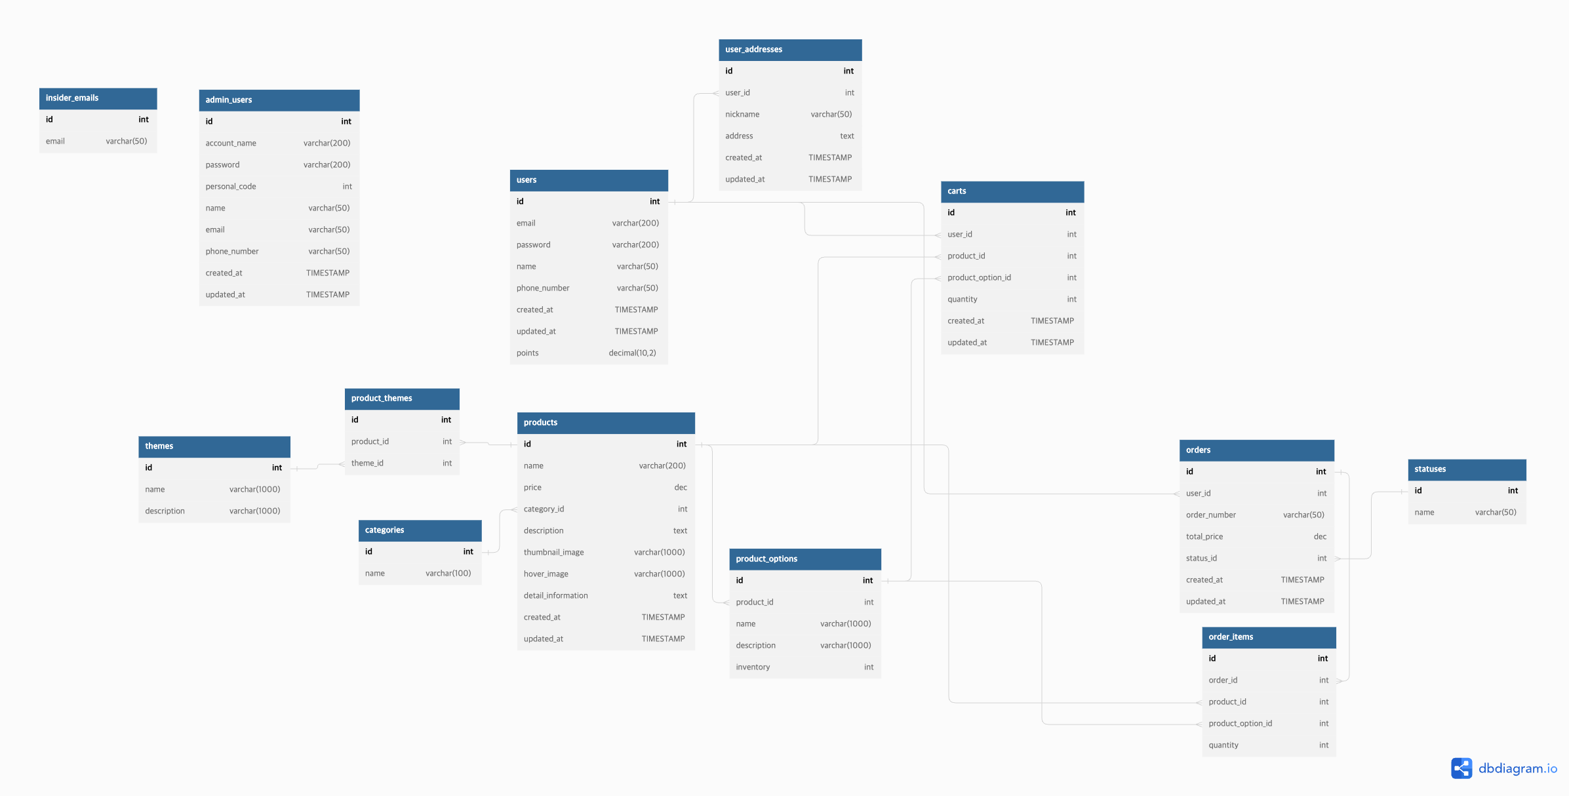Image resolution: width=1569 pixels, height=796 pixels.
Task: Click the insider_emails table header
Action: point(98,98)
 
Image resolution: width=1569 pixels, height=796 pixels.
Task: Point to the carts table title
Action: point(1012,191)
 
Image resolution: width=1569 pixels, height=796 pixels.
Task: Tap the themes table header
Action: point(214,447)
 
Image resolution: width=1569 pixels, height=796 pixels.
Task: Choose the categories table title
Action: point(420,530)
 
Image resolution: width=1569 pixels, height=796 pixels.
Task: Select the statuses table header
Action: point(1466,469)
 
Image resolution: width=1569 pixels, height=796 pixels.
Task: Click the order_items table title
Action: point(1268,637)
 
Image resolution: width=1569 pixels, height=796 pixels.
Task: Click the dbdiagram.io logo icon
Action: point(1461,768)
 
